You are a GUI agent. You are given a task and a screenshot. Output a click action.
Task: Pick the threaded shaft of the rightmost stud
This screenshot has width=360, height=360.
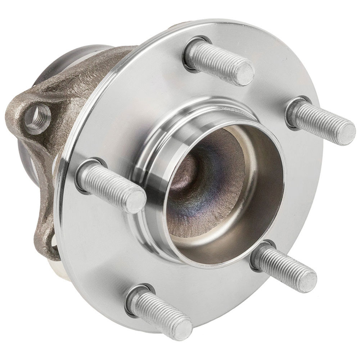(319, 121)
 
